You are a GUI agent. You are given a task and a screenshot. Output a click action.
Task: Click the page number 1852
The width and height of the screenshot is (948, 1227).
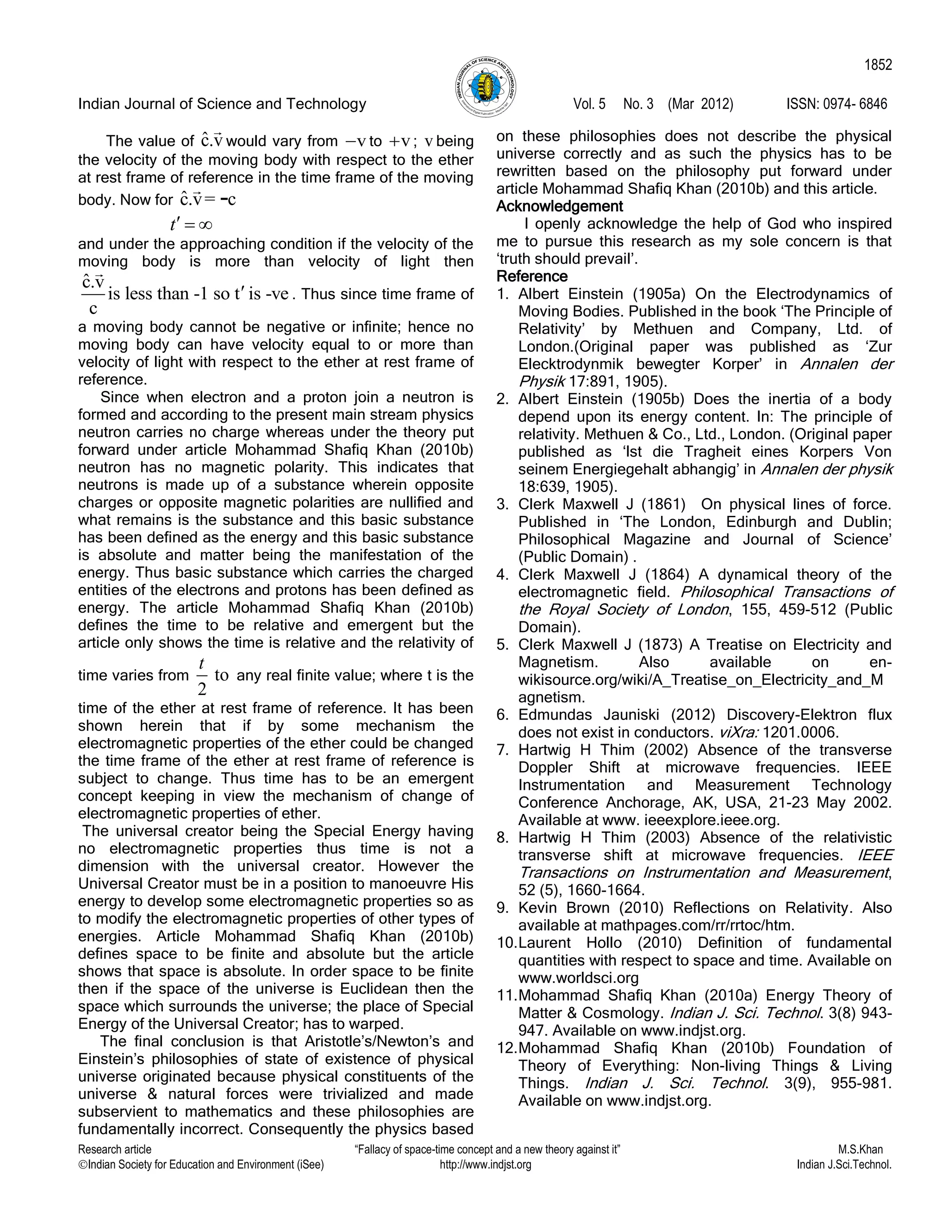click(x=878, y=65)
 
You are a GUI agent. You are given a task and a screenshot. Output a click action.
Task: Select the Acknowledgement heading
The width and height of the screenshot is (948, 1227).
click(x=559, y=206)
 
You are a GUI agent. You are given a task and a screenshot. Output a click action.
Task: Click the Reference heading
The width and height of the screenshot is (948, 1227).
click(x=532, y=276)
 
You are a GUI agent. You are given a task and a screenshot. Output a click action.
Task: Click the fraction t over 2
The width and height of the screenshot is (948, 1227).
click(x=202, y=676)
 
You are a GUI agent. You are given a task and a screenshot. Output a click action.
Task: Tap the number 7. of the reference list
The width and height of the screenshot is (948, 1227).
click(x=503, y=750)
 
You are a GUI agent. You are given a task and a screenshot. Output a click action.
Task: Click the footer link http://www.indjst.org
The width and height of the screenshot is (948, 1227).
click(x=485, y=1164)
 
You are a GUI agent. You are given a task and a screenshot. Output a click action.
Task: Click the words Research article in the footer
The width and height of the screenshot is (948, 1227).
click(x=115, y=1150)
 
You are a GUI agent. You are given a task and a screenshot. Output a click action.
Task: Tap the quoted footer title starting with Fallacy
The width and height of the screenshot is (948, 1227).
click(x=488, y=1150)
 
